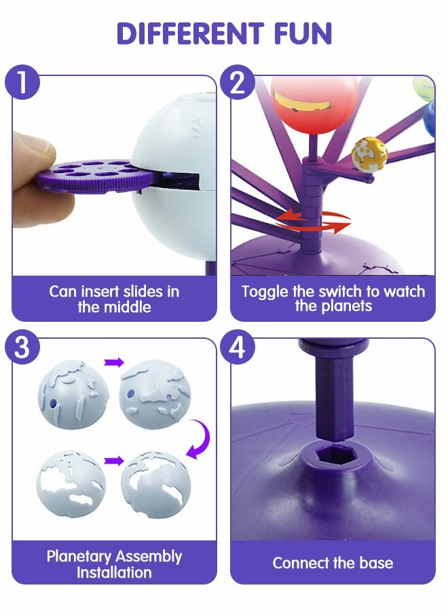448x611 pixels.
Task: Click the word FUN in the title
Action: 297,33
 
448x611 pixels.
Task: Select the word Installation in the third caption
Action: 114,572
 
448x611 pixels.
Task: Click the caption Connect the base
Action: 333,563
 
